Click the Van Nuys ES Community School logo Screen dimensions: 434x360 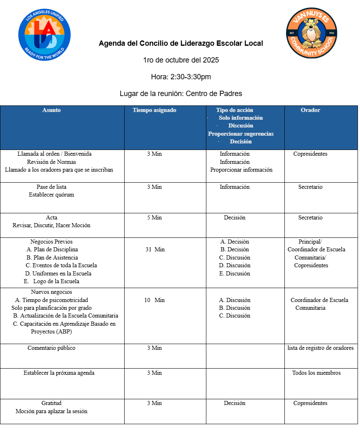click(312, 33)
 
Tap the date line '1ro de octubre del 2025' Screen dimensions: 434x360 click(181, 60)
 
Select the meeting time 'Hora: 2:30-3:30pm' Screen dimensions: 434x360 click(181, 77)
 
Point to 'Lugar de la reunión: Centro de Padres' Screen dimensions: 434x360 click(181, 94)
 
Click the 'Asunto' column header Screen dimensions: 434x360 click(51, 110)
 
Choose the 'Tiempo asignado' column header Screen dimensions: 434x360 click(154, 110)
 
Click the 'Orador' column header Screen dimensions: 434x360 click(311, 110)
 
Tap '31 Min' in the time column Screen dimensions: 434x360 click(155, 249)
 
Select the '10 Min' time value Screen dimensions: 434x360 click(154, 300)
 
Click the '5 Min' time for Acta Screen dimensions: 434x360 click(154, 217)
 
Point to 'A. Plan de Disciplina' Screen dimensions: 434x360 click(52, 249)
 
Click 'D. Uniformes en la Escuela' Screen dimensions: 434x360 click(58, 273)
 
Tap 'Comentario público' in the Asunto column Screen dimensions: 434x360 click(51, 348)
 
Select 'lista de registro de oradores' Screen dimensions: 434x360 click(321, 348)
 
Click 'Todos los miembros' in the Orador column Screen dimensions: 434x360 click(316, 373)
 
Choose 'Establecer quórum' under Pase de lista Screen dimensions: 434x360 click(51, 195)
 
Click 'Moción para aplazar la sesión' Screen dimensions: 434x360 click(51, 411)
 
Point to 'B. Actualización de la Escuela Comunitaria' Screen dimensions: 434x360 click(66, 315)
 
